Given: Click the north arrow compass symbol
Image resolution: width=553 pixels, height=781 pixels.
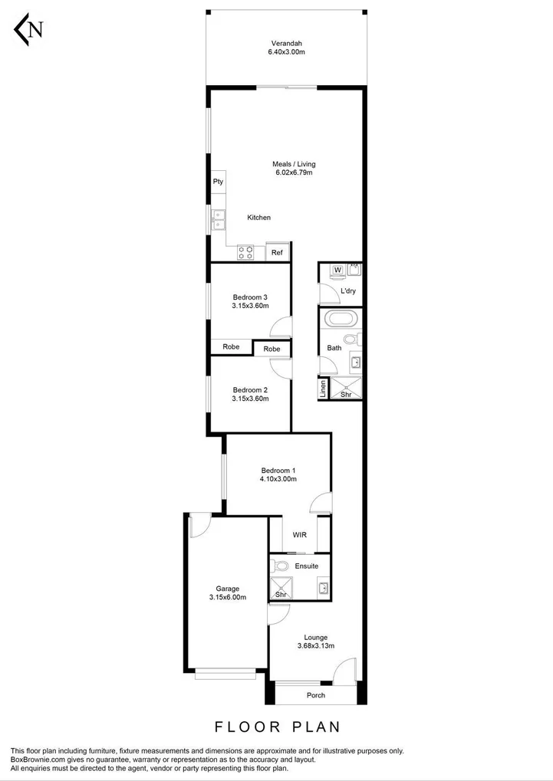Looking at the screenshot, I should (x=29, y=30).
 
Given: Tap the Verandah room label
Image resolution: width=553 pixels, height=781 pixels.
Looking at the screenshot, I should (x=286, y=42).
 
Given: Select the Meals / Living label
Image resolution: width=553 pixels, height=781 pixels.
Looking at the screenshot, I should (x=294, y=164).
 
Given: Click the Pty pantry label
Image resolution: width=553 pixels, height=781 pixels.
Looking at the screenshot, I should (x=218, y=182).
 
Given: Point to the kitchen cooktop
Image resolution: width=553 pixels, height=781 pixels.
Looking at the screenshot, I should (x=246, y=251).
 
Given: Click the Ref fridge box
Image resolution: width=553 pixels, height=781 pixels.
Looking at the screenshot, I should (x=277, y=252).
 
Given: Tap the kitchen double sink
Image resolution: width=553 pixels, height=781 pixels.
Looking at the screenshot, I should (x=219, y=220).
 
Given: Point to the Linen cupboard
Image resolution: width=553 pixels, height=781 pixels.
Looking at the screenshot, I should (x=324, y=389).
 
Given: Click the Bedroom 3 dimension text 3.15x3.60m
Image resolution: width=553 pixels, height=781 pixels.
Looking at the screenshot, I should (x=250, y=306).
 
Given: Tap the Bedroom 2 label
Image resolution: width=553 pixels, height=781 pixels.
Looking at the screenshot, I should (x=250, y=389).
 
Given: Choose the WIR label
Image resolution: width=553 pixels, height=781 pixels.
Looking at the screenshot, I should (x=300, y=536).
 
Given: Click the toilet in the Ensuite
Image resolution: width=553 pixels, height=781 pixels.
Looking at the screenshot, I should (x=281, y=566).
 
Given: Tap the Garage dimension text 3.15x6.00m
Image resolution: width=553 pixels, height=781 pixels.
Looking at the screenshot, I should (x=228, y=598).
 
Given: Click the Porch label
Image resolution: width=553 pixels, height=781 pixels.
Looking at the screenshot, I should (x=316, y=696).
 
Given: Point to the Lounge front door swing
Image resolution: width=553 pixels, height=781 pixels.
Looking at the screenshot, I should (x=345, y=670).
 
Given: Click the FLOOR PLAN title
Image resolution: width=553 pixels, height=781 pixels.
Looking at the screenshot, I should (x=277, y=726).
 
